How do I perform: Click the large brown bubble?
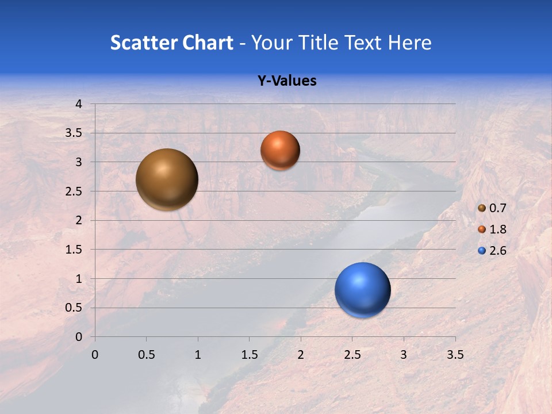[x=167, y=179]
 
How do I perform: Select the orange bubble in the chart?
[x=280, y=150]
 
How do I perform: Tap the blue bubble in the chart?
[x=362, y=290]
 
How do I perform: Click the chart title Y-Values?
[x=286, y=81]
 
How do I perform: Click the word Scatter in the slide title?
[x=143, y=43]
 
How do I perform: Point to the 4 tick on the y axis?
[x=79, y=104]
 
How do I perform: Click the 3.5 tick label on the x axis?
[x=455, y=355]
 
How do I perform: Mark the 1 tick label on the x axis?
[x=198, y=355]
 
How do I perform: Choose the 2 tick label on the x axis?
[x=301, y=355]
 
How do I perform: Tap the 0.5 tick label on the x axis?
[x=146, y=355]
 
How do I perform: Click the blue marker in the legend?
[x=482, y=251]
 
